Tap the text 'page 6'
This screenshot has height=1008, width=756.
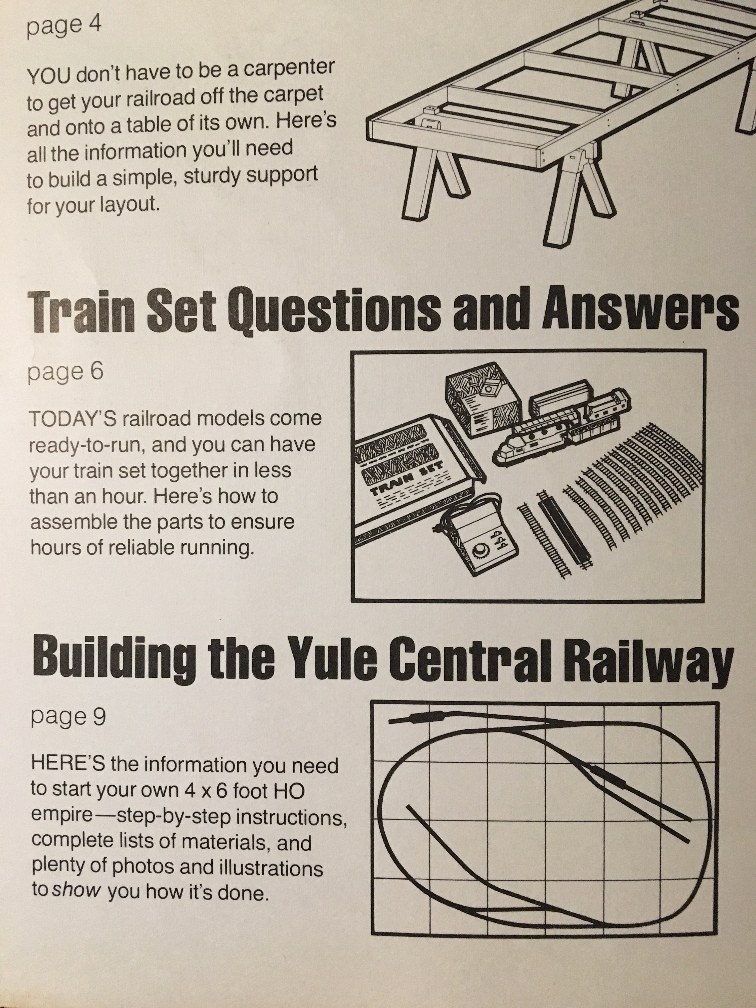click(x=66, y=372)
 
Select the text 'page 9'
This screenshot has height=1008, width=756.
click(x=68, y=717)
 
